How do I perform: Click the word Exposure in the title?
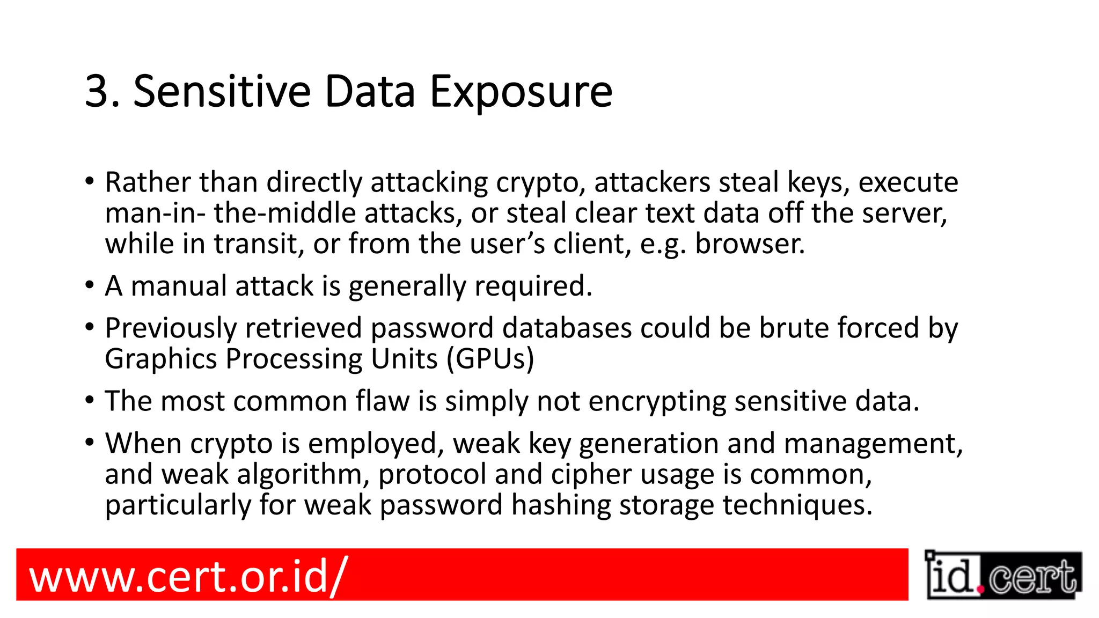point(521,92)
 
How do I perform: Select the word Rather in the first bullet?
point(148,182)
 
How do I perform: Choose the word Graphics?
point(160,359)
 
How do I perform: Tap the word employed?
point(376,444)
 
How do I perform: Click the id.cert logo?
point(1002,575)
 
